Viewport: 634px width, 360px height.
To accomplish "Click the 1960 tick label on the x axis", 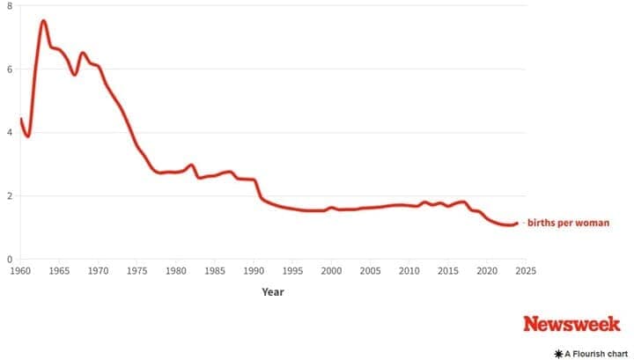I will click(19, 271).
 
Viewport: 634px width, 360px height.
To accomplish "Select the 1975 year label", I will click(136, 271).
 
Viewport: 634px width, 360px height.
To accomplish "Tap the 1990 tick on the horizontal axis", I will click(254, 271).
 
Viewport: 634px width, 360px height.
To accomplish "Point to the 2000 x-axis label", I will click(331, 271).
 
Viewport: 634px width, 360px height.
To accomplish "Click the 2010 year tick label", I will click(409, 271).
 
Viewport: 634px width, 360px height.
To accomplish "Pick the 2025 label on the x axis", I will click(526, 271).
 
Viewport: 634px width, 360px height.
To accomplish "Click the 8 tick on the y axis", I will click(9, 6).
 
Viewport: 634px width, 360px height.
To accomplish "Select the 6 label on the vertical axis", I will click(9, 70).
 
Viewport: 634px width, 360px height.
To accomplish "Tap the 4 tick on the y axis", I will click(9, 133).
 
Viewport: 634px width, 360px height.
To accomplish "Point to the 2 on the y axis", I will click(9, 196).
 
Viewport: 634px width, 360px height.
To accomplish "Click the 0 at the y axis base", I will click(9, 260).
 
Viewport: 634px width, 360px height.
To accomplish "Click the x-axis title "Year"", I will click(272, 291).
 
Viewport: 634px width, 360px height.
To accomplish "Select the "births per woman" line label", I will click(568, 224).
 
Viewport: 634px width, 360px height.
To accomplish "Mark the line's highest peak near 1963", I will click(43, 21).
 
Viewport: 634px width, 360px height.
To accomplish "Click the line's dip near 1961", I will click(27, 136).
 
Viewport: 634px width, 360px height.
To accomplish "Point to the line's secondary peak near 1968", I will click(83, 54).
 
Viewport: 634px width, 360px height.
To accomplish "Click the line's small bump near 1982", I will click(191, 165).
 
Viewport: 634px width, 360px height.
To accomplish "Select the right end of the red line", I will click(517, 224).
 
